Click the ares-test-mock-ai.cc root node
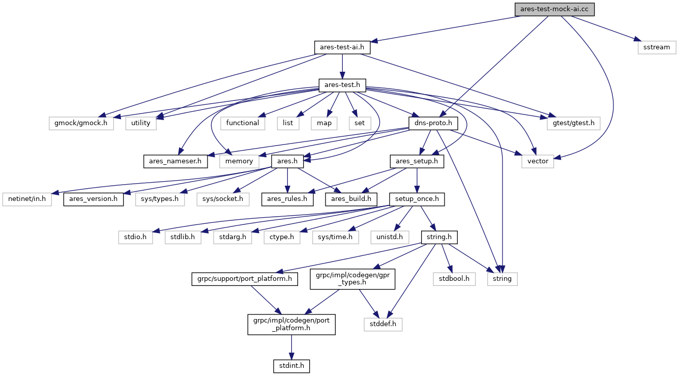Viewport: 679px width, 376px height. pos(554,9)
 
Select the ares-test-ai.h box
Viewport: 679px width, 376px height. pos(342,47)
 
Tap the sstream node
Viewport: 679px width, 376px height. pos(657,47)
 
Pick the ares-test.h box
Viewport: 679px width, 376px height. pos(342,85)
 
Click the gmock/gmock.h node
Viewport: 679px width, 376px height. pos(81,123)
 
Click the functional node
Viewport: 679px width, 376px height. pos(243,123)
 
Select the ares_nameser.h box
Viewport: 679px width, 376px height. pos(175,161)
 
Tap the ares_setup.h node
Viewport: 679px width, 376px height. pos(417,161)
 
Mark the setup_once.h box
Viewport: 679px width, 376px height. pos(417,199)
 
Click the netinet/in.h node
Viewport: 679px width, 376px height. pos(27,199)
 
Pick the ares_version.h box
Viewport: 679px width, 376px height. pos(94,199)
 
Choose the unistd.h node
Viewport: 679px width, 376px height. pos(390,237)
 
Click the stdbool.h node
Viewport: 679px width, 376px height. pos(454,279)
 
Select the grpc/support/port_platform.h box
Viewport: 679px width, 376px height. pos(244,279)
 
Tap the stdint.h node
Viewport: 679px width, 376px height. pos(291,365)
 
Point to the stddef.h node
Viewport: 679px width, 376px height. pos(383,324)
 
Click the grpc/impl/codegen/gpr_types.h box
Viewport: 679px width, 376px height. pos(352,279)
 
